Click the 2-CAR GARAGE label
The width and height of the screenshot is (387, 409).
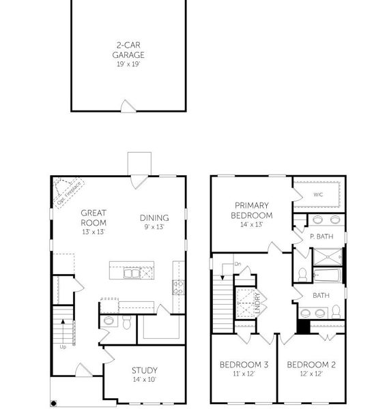click(x=128, y=50)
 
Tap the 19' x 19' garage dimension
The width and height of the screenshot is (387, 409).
click(x=128, y=64)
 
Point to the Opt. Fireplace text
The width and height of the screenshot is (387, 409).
click(x=69, y=194)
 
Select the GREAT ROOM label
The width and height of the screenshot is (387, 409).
click(x=94, y=218)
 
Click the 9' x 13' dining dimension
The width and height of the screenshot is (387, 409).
click(x=154, y=227)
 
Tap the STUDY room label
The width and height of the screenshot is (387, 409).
click(x=145, y=370)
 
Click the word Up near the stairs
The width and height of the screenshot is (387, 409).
click(x=63, y=347)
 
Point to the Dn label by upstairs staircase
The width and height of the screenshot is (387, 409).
click(x=238, y=264)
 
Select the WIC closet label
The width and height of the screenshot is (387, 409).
click(x=318, y=194)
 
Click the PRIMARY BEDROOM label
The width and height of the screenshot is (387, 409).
click(x=252, y=210)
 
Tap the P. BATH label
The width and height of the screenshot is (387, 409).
click(x=321, y=237)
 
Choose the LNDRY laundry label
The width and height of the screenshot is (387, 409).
click(x=258, y=303)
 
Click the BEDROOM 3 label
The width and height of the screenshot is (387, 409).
click(x=244, y=365)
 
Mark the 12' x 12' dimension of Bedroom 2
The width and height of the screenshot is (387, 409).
click(x=311, y=374)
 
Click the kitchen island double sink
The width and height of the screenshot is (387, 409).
click(x=132, y=273)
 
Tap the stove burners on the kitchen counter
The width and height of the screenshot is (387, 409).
click(x=178, y=288)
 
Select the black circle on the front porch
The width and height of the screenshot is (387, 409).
click(x=53, y=404)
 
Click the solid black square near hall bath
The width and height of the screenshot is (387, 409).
click(x=304, y=327)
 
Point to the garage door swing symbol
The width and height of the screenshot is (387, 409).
click(x=128, y=106)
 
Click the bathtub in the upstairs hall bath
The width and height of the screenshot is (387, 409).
click(x=328, y=275)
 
